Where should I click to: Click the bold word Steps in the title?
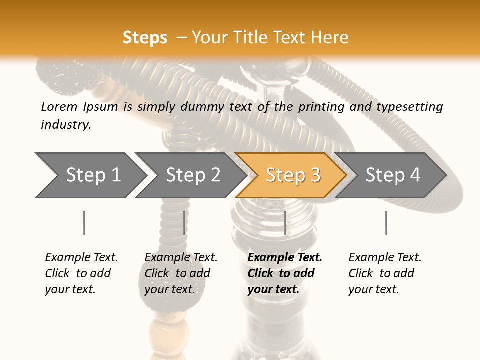coord(145,38)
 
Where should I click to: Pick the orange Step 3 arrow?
coord(293,175)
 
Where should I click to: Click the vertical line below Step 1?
coord(84,223)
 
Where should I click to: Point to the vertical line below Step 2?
coord(184,223)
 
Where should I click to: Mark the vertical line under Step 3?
coord(285,223)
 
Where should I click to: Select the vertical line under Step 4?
coord(386,223)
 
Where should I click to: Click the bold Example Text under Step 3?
coord(285,258)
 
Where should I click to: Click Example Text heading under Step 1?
coord(81,258)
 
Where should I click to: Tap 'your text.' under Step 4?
coord(373,289)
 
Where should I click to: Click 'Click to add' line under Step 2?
coord(177,273)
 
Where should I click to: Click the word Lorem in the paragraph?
coord(59,106)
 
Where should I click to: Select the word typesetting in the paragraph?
coord(409,106)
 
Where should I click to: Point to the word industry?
coord(66,124)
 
